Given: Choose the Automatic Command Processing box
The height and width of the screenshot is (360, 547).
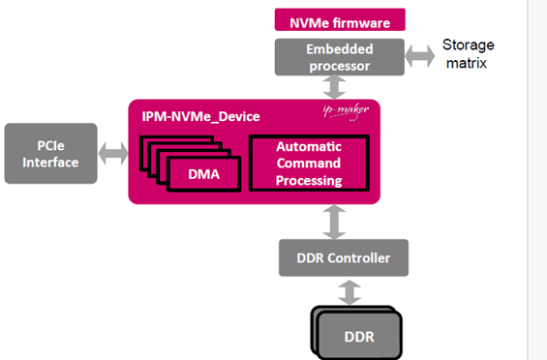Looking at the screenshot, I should (308, 163).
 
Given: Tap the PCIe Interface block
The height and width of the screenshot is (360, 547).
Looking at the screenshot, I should (51, 154).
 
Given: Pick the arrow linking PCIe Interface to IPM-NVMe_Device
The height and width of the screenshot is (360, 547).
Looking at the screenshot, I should (112, 153).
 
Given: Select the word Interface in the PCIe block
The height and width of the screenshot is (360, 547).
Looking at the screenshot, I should (51, 162).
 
